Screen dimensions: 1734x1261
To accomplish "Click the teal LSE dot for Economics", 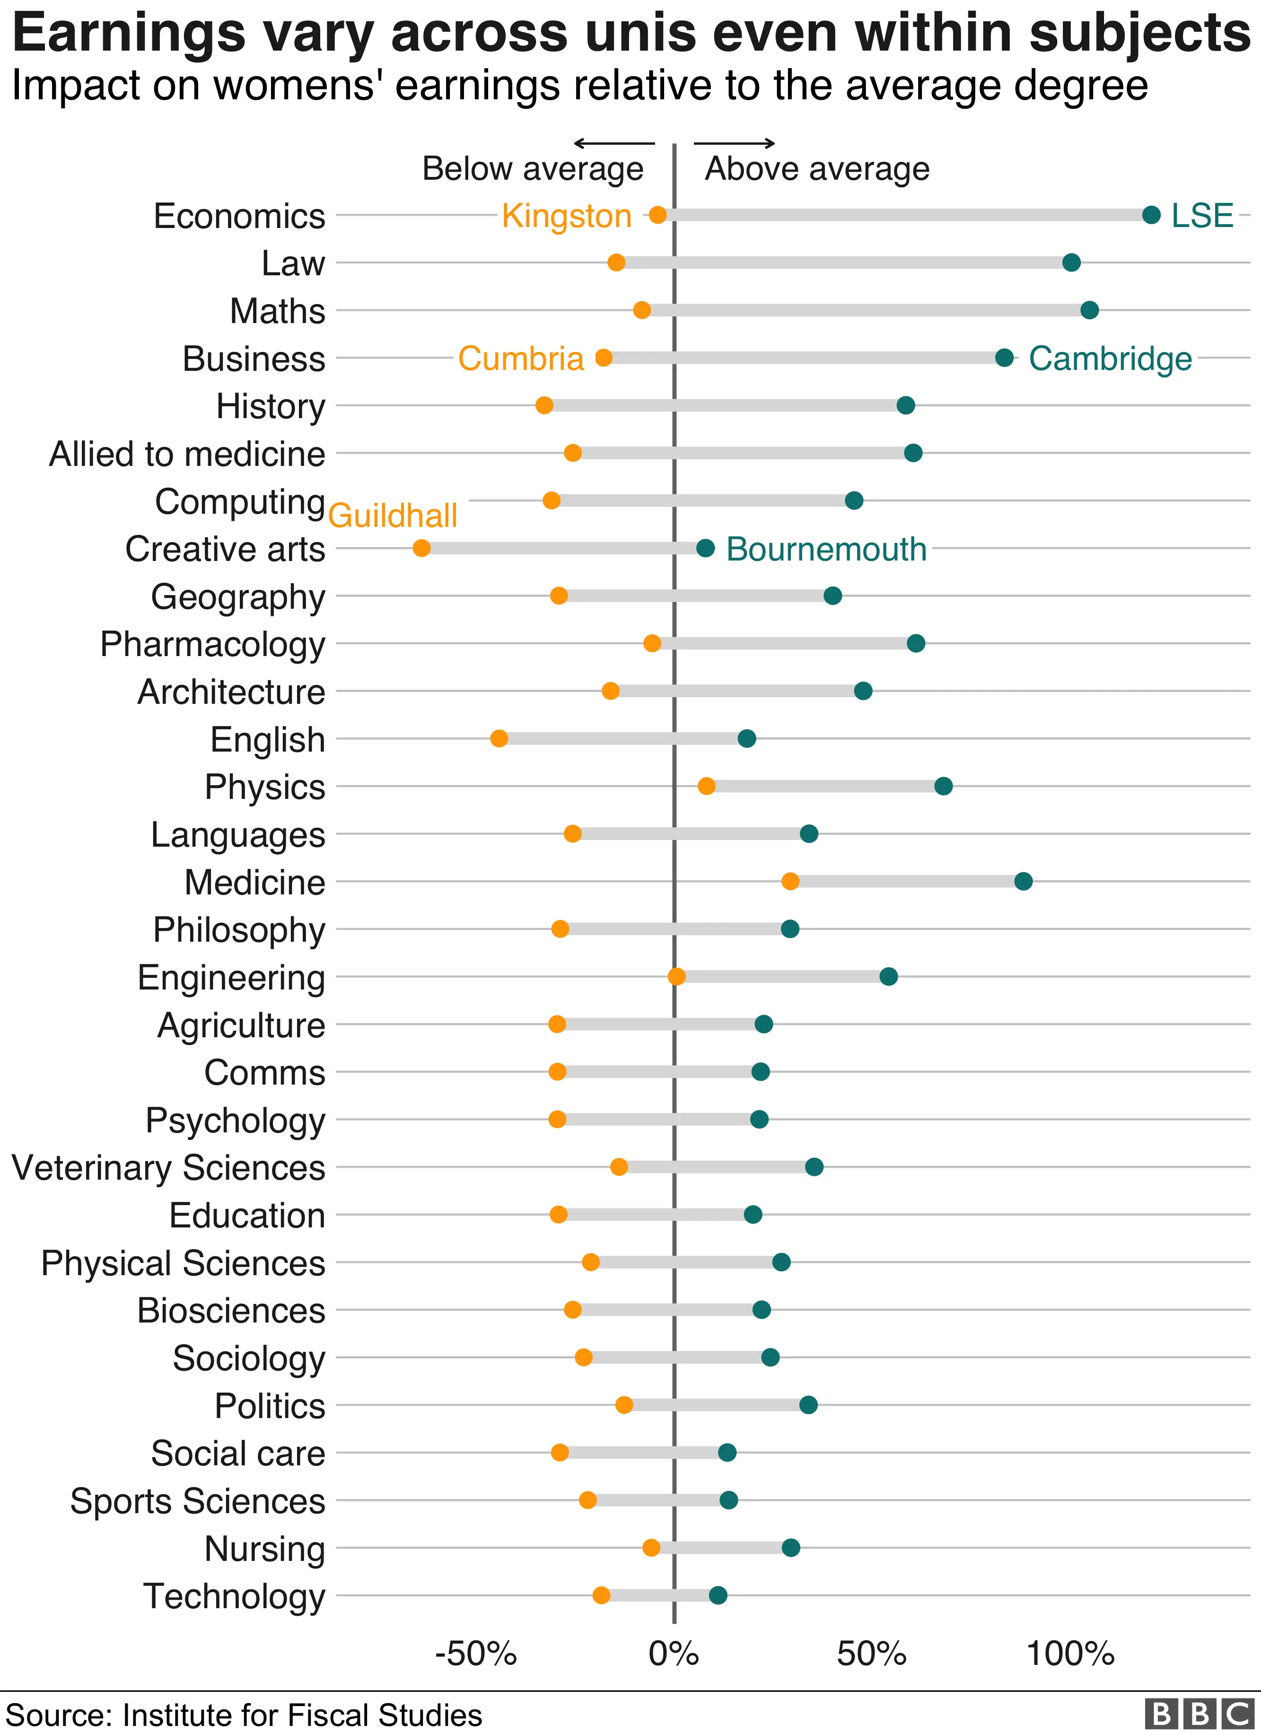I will (1151, 215).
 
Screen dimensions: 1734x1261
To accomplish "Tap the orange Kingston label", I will (567, 216).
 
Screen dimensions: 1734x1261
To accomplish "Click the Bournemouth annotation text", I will (826, 550).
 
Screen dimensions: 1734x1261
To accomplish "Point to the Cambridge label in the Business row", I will (1110, 359).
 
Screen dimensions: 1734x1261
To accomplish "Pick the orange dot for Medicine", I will (790, 882).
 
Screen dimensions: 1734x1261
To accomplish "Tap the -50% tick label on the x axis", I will (476, 1654).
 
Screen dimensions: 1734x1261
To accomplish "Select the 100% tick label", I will (1070, 1654).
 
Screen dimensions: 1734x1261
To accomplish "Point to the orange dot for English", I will (499, 738).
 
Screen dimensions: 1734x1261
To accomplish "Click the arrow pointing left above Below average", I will (613, 143).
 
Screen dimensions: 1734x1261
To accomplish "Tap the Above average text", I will (817, 169).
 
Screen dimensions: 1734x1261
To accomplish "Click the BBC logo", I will (1200, 1714).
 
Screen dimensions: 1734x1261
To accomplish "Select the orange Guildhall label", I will (392, 516).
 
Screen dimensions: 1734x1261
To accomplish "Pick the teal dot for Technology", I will (717, 1595).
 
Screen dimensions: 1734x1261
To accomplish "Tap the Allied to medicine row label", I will (187, 454).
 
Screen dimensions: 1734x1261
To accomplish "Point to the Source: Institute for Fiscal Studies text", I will (244, 1715).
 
